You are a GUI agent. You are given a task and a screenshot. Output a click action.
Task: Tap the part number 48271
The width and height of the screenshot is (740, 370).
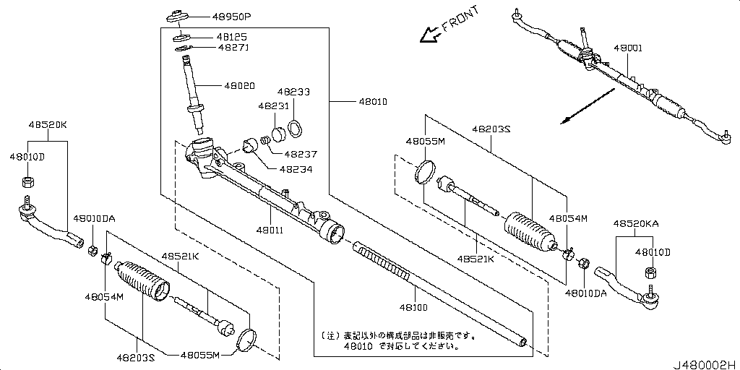[212, 48]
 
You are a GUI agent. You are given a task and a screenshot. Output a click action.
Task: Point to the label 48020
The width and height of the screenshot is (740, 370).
[239, 85]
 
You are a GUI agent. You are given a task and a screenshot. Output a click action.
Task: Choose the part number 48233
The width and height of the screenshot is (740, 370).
[294, 92]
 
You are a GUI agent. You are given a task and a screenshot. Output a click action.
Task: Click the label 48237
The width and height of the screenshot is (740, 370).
[301, 154]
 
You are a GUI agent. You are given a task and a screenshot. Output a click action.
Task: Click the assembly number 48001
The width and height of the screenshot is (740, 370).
[628, 48]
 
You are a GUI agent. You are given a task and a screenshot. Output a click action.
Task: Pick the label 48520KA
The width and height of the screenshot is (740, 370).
[636, 225]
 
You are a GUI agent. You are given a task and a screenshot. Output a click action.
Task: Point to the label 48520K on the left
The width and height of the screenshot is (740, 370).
[48, 124]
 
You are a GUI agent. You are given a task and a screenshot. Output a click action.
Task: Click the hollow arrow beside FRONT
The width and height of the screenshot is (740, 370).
[429, 34]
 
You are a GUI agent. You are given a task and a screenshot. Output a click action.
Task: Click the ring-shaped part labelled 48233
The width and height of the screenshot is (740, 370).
[296, 130]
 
